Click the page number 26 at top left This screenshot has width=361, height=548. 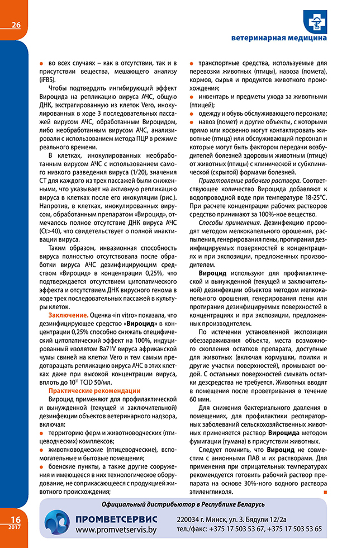click(15, 25)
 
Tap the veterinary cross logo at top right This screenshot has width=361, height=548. click(316, 21)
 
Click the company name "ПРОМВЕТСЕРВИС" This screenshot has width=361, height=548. click(117, 518)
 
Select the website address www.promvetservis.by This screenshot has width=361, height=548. click(117, 529)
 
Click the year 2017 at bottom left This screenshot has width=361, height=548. click(14, 527)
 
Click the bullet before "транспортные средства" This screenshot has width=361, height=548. click(192, 64)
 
